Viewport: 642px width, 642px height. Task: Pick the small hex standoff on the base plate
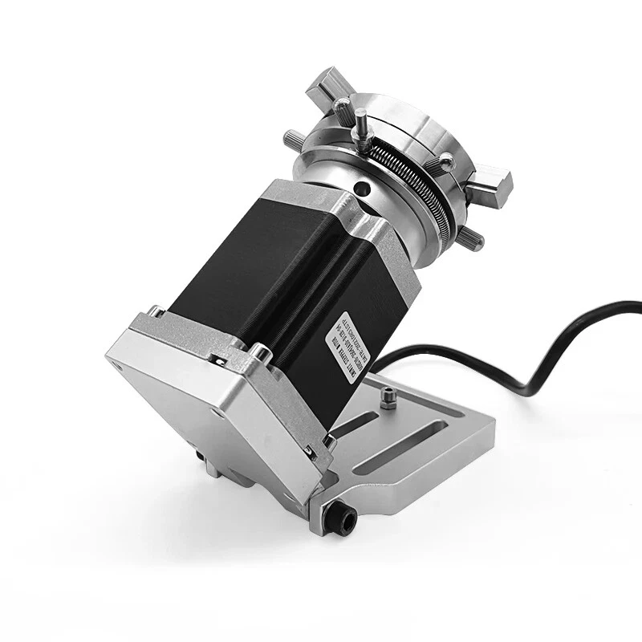coord(388,398)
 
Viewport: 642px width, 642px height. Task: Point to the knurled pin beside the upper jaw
coord(343,106)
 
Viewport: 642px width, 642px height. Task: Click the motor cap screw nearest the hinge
coord(327,442)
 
